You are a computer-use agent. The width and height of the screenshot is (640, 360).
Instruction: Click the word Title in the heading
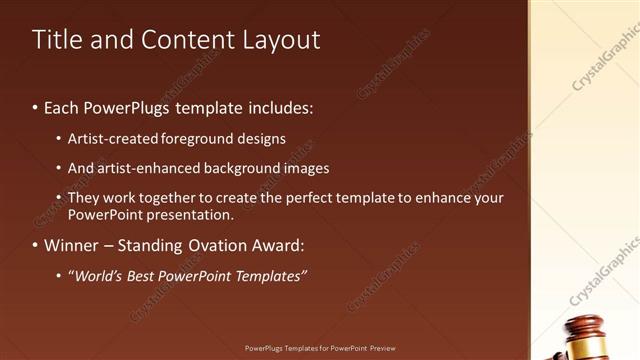pyautogui.click(x=56, y=40)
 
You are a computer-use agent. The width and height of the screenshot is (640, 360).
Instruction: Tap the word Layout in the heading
pyautogui.click(x=283, y=40)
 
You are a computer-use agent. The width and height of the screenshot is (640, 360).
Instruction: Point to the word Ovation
pyautogui.click(x=219, y=245)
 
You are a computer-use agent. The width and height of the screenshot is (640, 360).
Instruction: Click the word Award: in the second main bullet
pyautogui.click(x=275, y=245)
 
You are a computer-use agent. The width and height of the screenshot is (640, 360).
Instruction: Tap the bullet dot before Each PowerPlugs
pyautogui.click(x=35, y=105)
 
